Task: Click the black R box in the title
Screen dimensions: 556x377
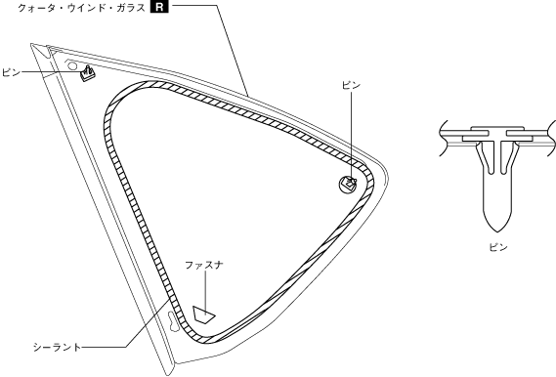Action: (x=159, y=7)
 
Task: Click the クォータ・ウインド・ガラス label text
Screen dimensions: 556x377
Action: (x=81, y=8)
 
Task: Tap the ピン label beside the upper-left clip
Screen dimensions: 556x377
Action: (x=12, y=73)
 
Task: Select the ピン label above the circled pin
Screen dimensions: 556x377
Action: (x=351, y=85)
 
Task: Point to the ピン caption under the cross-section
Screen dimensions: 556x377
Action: (x=498, y=247)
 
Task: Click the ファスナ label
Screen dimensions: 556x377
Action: (x=204, y=265)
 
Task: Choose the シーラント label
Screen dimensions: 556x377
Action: (x=57, y=348)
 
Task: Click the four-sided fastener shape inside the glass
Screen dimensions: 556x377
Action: (x=204, y=314)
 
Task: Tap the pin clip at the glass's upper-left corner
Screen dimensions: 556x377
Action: (x=88, y=73)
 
